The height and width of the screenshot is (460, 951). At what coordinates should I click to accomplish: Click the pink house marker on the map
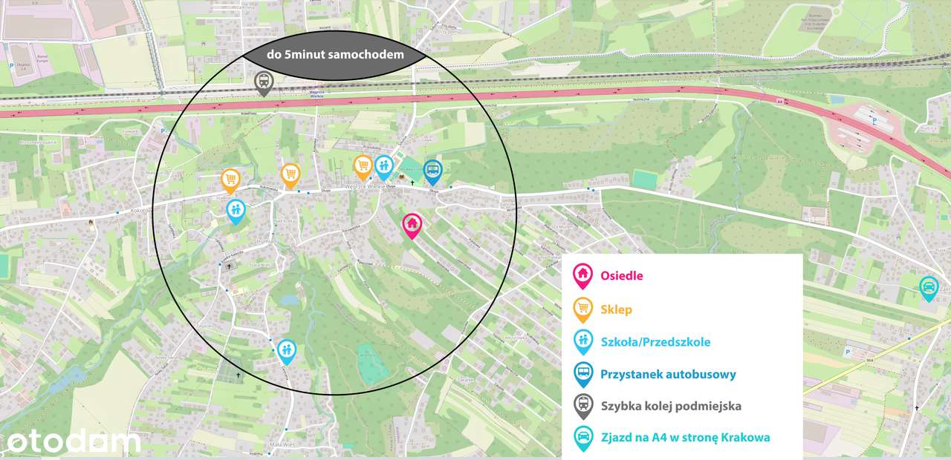click(x=412, y=223)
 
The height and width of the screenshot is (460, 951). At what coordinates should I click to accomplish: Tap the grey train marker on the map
click(x=263, y=82)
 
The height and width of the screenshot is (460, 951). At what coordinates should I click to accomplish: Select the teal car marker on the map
click(x=928, y=286)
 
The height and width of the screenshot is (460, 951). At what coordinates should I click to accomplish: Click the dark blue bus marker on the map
click(x=432, y=171)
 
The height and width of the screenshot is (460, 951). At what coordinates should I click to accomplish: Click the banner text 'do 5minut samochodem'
click(x=335, y=54)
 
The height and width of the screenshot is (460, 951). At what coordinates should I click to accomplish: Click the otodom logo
click(x=73, y=442)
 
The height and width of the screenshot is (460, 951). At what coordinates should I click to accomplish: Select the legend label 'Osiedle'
click(x=622, y=276)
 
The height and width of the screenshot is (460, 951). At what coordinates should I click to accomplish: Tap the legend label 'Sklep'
click(x=617, y=309)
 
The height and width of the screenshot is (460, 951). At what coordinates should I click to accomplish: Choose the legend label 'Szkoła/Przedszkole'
click(x=655, y=342)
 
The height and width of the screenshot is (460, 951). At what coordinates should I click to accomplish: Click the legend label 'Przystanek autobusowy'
click(x=668, y=374)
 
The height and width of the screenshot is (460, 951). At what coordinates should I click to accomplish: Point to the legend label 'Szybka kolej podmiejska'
click(x=671, y=406)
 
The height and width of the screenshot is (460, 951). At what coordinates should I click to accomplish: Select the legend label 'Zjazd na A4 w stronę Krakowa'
click(x=685, y=437)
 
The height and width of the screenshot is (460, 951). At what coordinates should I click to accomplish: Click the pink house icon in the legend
click(x=583, y=275)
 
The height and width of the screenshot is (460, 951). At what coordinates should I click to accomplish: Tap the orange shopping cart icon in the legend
click(x=583, y=308)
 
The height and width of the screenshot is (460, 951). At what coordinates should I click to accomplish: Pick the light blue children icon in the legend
click(x=583, y=341)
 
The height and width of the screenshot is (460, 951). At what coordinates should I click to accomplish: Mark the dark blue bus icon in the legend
click(x=583, y=372)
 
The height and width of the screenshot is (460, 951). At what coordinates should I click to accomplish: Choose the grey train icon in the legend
click(x=583, y=404)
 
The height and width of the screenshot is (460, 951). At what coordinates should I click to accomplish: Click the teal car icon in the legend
click(x=583, y=436)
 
